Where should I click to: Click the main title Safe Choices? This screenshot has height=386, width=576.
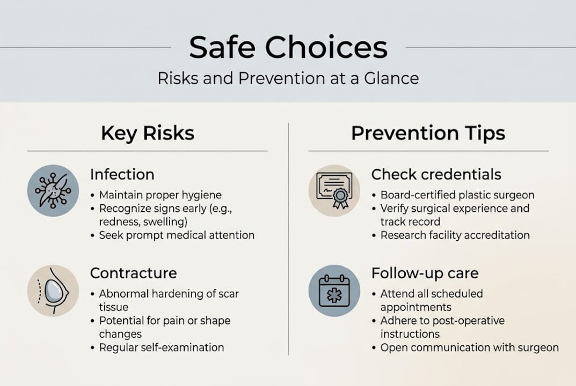point(288,47)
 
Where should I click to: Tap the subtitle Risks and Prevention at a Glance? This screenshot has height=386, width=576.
point(288,78)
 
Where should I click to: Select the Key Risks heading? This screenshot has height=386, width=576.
point(147,133)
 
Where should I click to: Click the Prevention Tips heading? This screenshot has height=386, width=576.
point(428,133)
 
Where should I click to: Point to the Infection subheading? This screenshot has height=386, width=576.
point(122,175)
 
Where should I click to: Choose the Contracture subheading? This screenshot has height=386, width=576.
point(133,273)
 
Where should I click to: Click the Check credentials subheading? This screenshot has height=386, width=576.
point(436,175)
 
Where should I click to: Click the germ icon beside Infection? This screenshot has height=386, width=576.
point(53,190)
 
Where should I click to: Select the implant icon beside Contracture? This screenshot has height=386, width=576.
point(53,290)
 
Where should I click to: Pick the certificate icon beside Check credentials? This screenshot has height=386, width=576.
point(334,190)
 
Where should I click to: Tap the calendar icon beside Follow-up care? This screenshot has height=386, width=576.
point(334,290)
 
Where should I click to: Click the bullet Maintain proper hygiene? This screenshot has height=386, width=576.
point(160,195)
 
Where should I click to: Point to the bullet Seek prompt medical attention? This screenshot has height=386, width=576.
point(176,235)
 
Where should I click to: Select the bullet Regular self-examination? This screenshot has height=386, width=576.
point(161,347)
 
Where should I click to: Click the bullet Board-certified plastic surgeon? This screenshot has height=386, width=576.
point(457,195)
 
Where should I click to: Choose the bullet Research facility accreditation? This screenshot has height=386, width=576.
point(455,235)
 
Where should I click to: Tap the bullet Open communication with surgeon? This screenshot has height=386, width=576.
point(469,347)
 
